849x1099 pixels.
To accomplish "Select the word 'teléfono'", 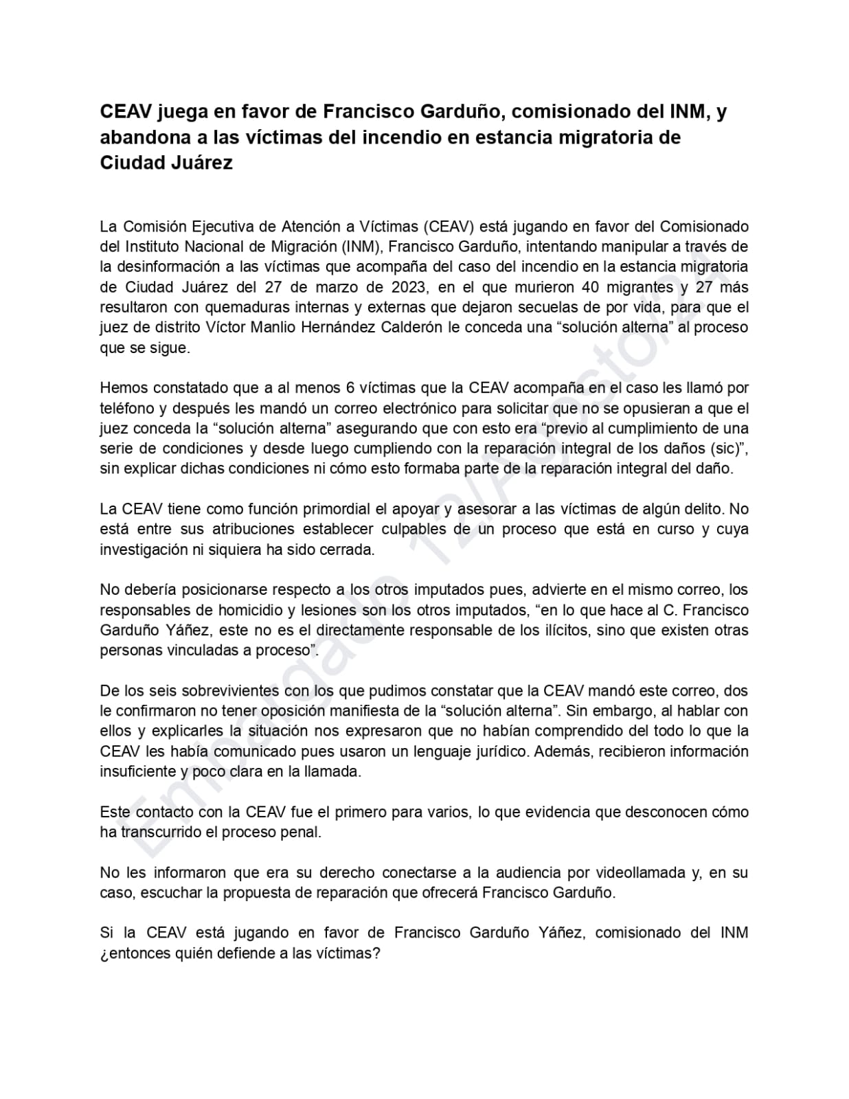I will click(126, 408).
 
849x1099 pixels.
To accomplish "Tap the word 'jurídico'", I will click(502, 751).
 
